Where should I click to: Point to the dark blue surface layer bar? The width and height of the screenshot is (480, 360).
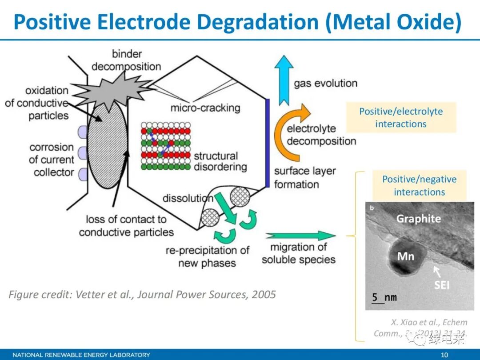(x=267, y=142)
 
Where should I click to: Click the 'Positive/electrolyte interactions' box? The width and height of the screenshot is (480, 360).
(x=401, y=118)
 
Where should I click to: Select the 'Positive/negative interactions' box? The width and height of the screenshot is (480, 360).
(x=419, y=185)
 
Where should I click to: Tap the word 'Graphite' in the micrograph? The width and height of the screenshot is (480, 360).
(x=418, y=218)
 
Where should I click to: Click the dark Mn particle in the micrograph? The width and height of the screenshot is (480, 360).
(x=405, y=258)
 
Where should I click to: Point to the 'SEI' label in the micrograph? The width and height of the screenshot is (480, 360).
(x=442, y=284)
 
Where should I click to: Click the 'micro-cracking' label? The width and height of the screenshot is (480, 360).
(x=205, y=108)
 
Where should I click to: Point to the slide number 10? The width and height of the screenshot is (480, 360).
(x=444, y=355)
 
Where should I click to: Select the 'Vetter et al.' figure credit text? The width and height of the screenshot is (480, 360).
(x=142, y=294)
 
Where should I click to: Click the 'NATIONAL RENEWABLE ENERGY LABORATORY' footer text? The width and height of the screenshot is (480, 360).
(x=81, y=355)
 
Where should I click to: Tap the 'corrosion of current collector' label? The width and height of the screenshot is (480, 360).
(x=52, y=160)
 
